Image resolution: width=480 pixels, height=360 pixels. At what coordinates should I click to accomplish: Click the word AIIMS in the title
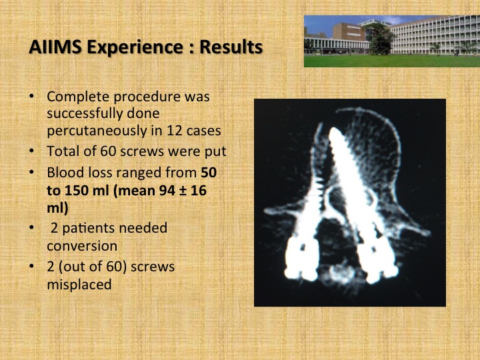pos(55,47)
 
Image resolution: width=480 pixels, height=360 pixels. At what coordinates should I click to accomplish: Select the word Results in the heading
pos(231,47)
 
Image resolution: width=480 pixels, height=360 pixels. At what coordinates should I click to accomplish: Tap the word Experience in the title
pos(135,48)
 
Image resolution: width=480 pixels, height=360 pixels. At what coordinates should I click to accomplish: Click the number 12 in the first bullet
pos(175,131)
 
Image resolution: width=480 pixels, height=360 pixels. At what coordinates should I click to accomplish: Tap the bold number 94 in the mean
pos(167,191)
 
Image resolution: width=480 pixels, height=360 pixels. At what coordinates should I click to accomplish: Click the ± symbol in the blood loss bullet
pos(183,191)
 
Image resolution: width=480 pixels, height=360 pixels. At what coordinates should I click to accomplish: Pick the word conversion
pos(82,246)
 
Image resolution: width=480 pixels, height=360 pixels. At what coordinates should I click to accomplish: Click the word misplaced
pos(79,285)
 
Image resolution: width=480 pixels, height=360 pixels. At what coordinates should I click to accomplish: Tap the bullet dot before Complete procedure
pos(31,96)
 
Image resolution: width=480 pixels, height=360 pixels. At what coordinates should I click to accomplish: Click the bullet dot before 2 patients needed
pos(31,227)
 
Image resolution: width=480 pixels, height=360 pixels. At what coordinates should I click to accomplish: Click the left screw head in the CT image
pos(302,258)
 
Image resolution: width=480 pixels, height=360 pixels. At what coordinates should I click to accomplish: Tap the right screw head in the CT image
pos(379,260)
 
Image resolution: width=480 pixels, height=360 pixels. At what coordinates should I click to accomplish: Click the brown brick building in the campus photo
pos(348,32)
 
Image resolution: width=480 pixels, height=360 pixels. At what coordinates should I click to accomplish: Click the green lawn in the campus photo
pos(392,61)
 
